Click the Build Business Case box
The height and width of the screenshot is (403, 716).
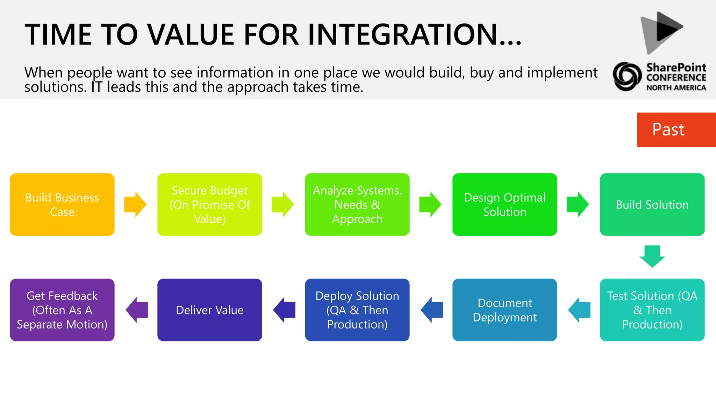click(62, 204)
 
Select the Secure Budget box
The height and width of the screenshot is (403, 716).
click(209, 204)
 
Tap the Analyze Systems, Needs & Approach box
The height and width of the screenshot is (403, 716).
click(357, 204)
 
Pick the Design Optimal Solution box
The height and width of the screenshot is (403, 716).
click(504, 204)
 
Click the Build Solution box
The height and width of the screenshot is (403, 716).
click(652, 204)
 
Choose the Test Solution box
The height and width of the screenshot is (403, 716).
click(652, 310)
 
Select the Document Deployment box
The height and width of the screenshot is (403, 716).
click(504, 310)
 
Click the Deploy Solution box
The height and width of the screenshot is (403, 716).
click(357, 310)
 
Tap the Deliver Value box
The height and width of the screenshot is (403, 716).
click(209, 310)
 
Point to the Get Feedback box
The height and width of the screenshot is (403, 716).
click(62, 310)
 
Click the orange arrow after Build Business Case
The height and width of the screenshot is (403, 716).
click(135, 204)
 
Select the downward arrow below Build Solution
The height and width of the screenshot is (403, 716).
click(652, 256)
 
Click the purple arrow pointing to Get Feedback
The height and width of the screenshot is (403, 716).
click(137, 310)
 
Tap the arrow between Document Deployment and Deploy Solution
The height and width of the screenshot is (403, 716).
click(432, 310)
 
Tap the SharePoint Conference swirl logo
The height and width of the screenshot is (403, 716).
click(627, 76)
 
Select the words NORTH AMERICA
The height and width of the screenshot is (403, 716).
click(676, 88)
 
